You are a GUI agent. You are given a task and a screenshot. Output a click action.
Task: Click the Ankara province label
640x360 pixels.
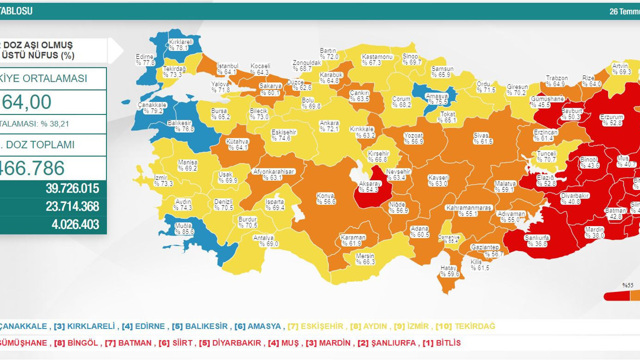[329, 126]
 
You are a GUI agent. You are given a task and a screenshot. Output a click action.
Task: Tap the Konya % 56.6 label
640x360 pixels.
[326, 198]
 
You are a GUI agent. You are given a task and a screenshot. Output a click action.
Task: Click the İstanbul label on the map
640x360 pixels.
[227, 69]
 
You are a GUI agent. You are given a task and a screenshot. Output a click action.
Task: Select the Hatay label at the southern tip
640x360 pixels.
[449, 271]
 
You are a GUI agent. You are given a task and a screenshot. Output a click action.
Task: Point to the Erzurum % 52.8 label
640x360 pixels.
[611, 120]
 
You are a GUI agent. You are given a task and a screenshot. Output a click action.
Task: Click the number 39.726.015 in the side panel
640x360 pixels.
[72, 189]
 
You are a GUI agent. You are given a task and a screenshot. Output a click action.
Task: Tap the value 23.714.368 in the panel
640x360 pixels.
[72, 206]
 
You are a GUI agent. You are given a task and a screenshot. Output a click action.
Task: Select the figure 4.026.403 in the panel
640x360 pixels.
[75, 224]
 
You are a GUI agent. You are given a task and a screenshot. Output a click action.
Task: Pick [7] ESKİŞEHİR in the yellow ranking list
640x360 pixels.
[315, 326]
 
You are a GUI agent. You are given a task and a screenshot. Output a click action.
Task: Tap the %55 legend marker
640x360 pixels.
[627, 285]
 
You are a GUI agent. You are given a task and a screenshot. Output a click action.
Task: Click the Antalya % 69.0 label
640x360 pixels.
[265, 241]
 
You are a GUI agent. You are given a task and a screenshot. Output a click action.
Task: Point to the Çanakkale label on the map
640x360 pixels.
[152, 108]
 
